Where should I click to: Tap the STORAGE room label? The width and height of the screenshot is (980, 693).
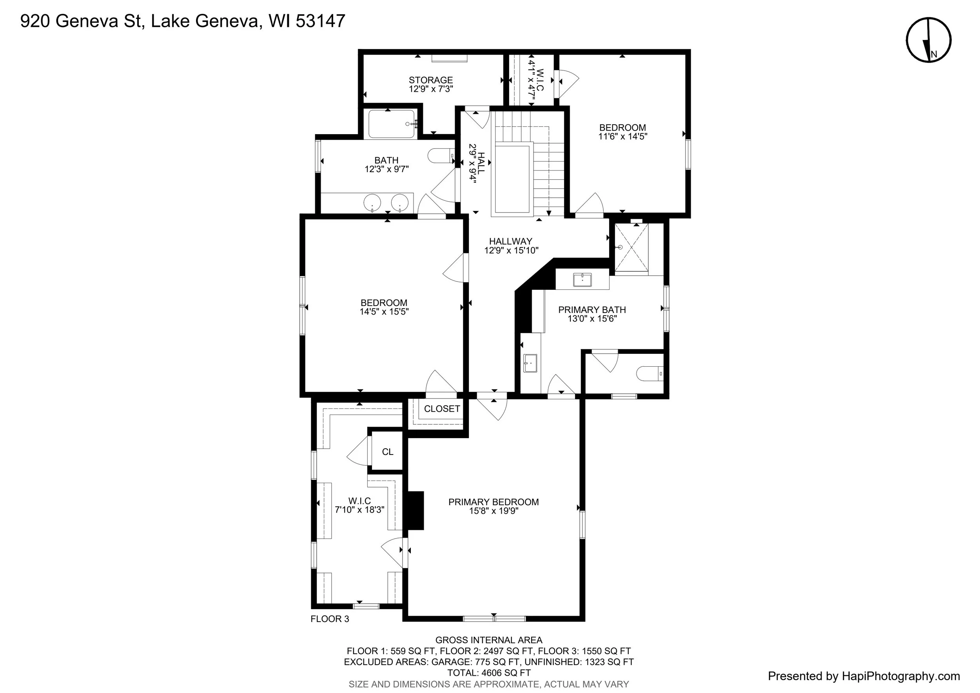click(x=431, y=80)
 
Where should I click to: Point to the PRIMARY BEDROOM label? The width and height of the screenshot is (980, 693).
click(x=494, y=502)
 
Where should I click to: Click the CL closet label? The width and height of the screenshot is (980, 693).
click(x=388, y=452)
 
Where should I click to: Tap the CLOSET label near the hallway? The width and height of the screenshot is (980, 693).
click(x=442, y=409)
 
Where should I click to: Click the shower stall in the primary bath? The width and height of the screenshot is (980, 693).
click(x=631, y=247)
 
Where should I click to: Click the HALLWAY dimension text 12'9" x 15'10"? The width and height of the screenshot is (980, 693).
click(x=511, y=251)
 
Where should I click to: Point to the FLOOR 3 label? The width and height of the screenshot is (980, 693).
click(x=330, y=619)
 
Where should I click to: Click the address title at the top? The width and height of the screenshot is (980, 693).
click(x=183, y=21)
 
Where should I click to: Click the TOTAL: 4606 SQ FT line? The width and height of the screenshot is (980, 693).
click(x=489, y=673)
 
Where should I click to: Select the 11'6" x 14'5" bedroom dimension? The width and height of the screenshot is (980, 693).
click(x=623, y=136)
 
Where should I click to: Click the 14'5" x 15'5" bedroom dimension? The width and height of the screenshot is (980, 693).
click(x=384, y=312)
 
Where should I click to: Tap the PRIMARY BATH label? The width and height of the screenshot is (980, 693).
click(x=592, y=309)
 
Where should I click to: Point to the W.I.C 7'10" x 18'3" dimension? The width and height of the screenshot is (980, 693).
click(x=359, y=509)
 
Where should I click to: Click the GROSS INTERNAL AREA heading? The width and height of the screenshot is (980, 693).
click(x=489, y=640)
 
